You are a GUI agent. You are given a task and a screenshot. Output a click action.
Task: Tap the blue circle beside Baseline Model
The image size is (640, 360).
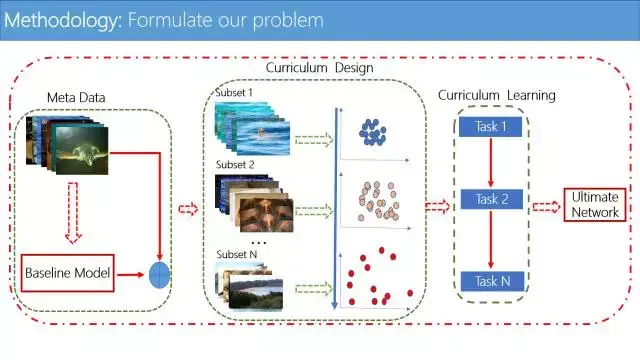(x=160, y=273)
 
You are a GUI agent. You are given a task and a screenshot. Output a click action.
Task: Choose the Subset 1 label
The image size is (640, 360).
(x=235, y=93)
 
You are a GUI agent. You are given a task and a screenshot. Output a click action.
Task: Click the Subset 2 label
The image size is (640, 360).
(x=235, y=164)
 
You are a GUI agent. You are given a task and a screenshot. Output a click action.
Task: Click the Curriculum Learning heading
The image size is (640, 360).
(x=497, y=96)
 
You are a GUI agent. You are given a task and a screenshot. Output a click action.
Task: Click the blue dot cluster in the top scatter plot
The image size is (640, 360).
(x=374, y=131)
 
